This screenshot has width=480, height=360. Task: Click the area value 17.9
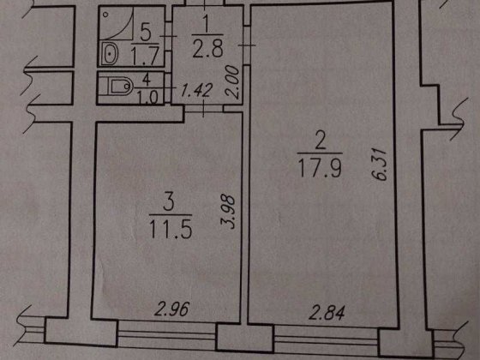click(x=320, y=168)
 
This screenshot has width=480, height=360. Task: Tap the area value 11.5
click(x=171, y=230)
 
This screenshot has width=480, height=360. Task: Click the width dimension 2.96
click(x=172, y=309)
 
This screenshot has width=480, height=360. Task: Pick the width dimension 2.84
click(x=327, y=313)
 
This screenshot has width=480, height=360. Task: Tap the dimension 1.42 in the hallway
click(x=196, y=90)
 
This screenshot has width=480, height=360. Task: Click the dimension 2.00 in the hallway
click(x=232, y=81)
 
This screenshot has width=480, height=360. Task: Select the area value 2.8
click(x=207, y=50)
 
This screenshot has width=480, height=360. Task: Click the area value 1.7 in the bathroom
click(x=145, y=56)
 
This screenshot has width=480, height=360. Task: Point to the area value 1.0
click(x=147, y=98)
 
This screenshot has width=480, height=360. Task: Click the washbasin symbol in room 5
click(x=110, y=53)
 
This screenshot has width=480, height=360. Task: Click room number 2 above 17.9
click(x=320, y=141)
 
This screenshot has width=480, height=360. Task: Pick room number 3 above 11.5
click(x=169, y=202)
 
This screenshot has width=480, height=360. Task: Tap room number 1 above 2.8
click(x=206, y=24)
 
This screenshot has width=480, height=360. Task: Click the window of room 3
click(x=167, y=333)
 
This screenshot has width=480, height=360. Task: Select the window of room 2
click(x=326, y=339)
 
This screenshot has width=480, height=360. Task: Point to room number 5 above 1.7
click(x=145, y=32)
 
